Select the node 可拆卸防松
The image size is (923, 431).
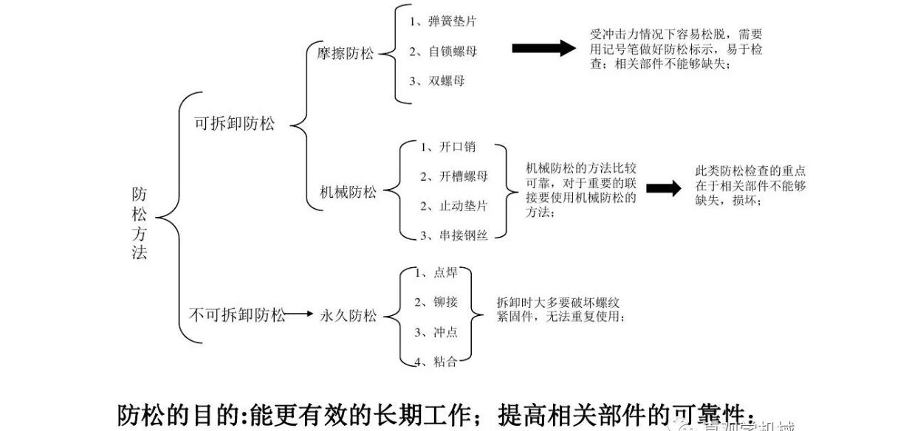coord(234,124)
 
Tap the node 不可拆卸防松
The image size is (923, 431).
coord(237,316)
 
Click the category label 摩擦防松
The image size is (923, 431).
coord(346,53)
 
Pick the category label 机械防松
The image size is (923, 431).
coord(348,193)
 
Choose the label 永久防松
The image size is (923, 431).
coord(348,316)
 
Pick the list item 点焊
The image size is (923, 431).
coord(445,272)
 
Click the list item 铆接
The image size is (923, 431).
coord(445,302)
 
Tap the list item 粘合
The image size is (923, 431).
coord(445,361)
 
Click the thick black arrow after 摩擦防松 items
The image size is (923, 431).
coord(543,49)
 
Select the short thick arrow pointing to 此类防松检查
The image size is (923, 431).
coord(664,189)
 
